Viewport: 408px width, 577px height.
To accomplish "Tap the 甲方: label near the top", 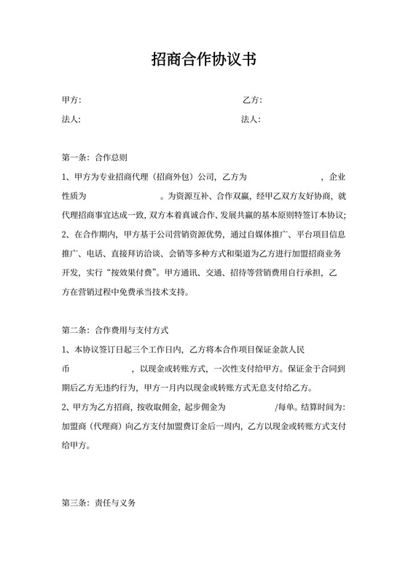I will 71,100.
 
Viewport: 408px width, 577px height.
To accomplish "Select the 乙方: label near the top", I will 251,100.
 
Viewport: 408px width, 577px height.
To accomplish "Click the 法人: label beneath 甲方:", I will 71,119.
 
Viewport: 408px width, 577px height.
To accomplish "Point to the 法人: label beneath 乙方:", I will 251,119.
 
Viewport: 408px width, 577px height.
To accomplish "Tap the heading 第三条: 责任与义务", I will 99,503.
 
